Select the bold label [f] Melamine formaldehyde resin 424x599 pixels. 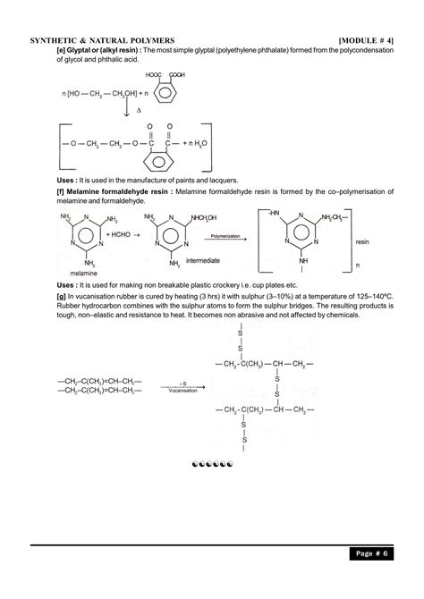pyautogui.click(x=114, y=192)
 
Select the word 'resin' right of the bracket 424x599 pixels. pyautogui.click(x=362, y=242)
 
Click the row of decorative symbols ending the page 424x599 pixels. pyautogui.click(x=212, y=466)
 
